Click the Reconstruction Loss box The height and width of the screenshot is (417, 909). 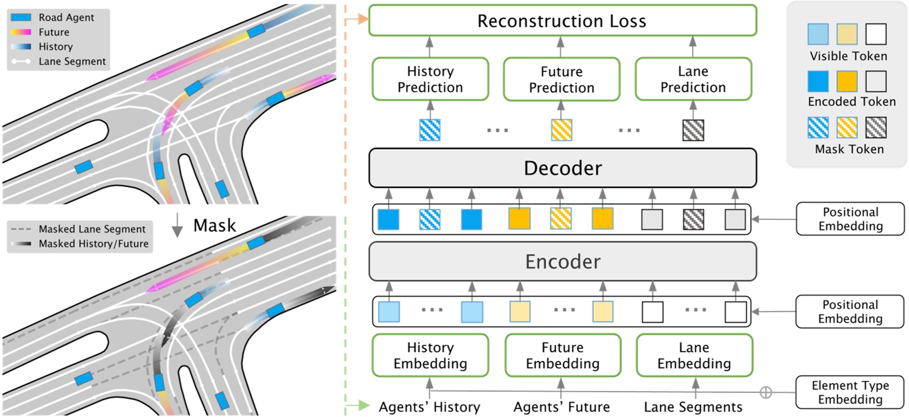[x=562, y=21]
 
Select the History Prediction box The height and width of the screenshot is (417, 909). [x=430, y=79]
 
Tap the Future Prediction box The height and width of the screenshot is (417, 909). [x=561, y=80]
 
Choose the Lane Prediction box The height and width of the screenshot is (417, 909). [x=693, y=79]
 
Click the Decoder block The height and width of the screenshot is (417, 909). [x=562, y=168]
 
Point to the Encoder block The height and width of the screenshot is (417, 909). [x=562, y=261]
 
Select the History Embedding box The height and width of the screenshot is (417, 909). [x=430, y=355]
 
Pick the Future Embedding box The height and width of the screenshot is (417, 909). [x=562, y=355]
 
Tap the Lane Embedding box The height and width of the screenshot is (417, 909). [x=694, y=355]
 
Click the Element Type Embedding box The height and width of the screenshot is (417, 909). [x=849, y=392]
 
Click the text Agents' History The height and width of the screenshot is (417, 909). [x=429, y=407]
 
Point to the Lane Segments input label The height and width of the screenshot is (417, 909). [x=693, y=407]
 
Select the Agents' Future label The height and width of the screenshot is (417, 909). [x=561, y=407]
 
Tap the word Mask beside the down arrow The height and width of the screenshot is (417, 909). [x=215, y=225]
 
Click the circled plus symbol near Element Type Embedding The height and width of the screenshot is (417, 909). [x=765, y=392]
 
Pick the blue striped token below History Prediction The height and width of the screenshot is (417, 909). [x=429, y=130]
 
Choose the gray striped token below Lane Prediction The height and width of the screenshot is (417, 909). [x=693, y=130]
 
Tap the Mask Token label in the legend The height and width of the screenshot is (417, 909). [x=849, y=149]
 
